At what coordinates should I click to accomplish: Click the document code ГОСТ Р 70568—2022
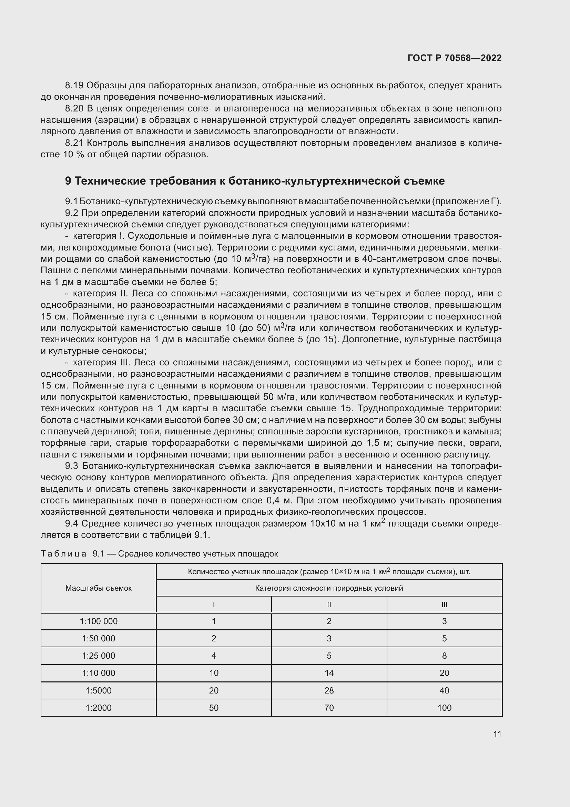click(x=455, y=58)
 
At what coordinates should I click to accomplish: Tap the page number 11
click(x=497, y=734)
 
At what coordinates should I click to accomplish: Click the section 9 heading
click(x=255, y=181)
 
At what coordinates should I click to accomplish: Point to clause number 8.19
click(x=74, y=86)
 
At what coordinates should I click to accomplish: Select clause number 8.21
click(x=74, y=143)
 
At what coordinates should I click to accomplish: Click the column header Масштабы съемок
click(x=99, y=588)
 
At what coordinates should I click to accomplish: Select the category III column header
click(x=444, y=604)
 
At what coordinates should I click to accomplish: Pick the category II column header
click(x=329, y=604)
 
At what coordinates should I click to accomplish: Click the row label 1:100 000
click(x=99, y=621)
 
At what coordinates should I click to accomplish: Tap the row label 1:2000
click(x=99, y=708)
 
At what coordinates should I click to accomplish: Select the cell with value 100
click(x=444, y=708)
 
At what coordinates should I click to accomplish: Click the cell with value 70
click(x=329, y=708)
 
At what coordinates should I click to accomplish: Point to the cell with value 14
click(x=329, y=673)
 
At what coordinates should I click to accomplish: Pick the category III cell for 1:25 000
click(x=444, y=656)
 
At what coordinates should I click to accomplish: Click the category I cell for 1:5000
click(x=214, y=690)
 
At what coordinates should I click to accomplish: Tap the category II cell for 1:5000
click(x=329, y=690)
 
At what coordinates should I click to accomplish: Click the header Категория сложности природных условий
click(x=329, y=588)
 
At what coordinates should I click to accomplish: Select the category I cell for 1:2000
click(x=214, y=708)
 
